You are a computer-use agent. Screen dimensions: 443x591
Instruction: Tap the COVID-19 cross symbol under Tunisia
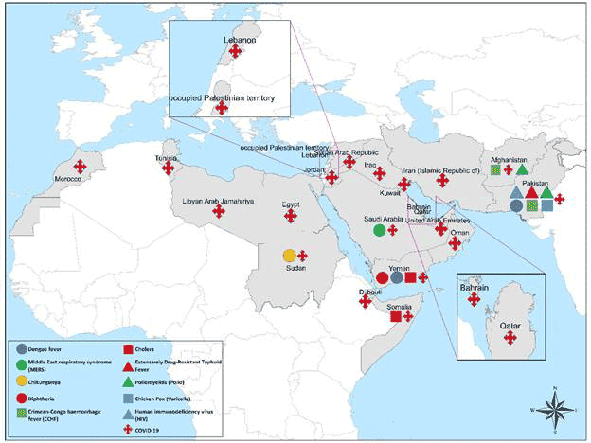(170, 170)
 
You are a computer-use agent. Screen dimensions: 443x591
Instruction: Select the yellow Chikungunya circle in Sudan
(289, 255)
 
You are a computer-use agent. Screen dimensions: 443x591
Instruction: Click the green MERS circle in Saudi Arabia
(379, 229)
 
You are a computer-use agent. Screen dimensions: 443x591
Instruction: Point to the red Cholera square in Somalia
(395, 316)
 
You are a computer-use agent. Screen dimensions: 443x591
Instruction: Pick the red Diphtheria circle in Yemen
(383, 277)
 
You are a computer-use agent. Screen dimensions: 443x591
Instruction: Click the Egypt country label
(292, 204)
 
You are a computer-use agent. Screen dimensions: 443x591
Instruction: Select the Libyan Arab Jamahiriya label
(219, 201)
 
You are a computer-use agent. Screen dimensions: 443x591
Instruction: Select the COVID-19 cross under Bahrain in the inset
(475, 300)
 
